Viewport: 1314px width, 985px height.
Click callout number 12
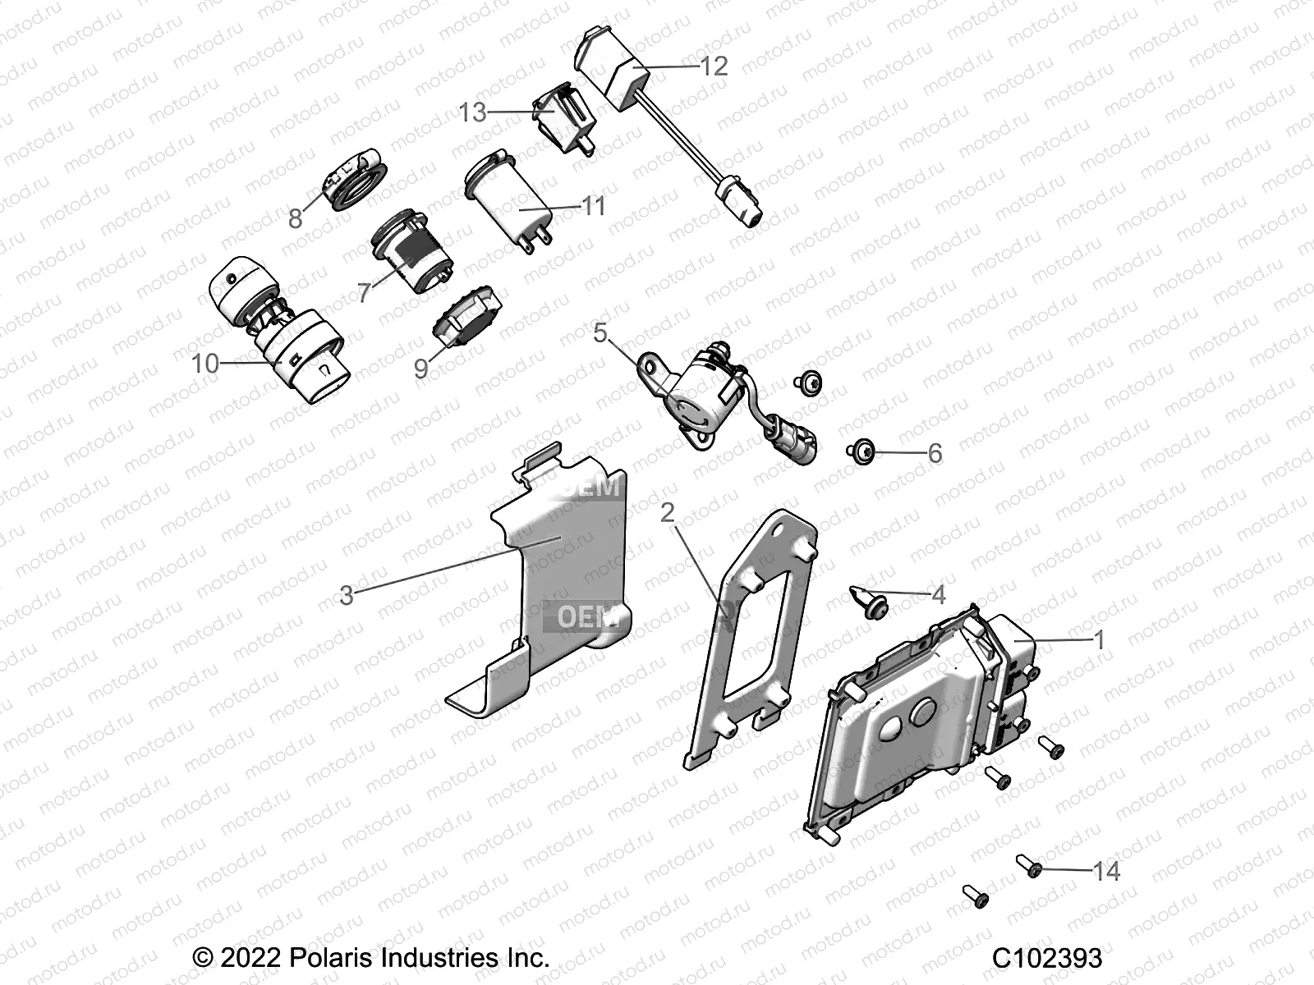[714, 66]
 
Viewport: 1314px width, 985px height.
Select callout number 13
[472, 112]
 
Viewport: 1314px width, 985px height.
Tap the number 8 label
[295, 218]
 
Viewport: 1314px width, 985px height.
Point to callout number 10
[205, 362]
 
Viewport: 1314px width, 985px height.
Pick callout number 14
[1107, 870]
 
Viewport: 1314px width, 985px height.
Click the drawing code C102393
[1046, 958]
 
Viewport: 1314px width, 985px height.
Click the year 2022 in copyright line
[251, 958]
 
